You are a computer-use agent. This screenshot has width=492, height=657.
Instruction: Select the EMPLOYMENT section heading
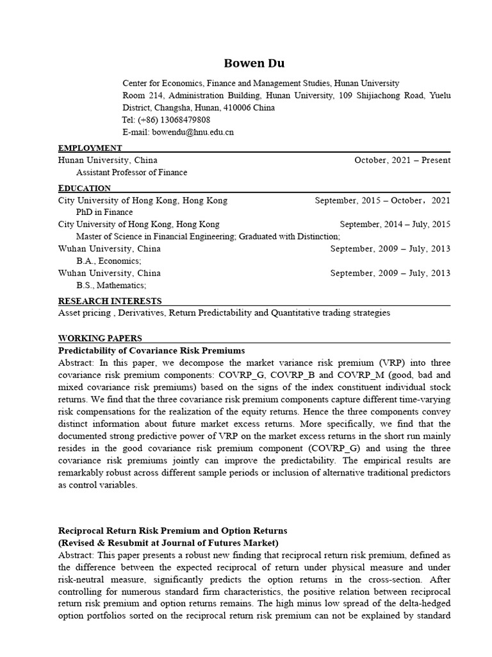[x=90, y=148]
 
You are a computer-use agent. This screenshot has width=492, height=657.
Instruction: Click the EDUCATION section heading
[x=85, y=188]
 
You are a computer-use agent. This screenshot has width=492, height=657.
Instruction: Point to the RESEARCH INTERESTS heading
[x=110, y=301]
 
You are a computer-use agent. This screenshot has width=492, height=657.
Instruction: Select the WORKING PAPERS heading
[x=100, y=338]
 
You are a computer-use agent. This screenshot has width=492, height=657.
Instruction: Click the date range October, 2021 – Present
[x=402, y=160]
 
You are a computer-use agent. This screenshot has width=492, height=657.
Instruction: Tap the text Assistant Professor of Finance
[x=132, y=173]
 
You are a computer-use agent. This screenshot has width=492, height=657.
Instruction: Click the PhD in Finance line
[x=104, y=212]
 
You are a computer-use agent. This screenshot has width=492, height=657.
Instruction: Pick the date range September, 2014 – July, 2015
[x=395, y=225]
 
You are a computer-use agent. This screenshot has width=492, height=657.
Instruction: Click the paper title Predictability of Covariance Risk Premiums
[x=151, y=351]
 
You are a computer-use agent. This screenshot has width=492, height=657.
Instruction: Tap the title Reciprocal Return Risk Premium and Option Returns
[x=173, y=531]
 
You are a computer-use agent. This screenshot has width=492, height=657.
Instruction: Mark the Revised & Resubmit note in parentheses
[x=173, y=543]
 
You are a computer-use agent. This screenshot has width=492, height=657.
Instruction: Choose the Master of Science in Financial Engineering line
[x=208, y=237]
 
